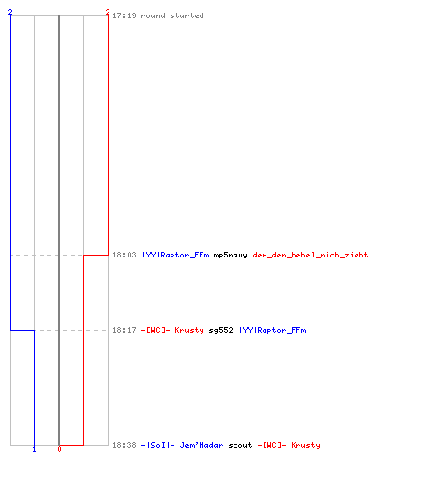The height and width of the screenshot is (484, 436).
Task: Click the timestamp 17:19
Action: click(124, 15)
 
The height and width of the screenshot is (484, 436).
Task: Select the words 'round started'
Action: click(172, 15)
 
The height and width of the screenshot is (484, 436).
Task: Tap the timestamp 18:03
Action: click(124, 255)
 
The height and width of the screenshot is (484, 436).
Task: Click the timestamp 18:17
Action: click(124, 330)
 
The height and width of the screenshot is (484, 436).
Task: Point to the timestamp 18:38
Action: click(124, 445)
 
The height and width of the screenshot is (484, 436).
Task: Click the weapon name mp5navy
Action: click(231, 255)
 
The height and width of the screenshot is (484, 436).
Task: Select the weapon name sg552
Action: click(221, 330)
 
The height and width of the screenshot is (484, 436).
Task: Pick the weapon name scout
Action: click(240, 445)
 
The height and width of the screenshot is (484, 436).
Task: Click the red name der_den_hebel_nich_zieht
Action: click(310, 255)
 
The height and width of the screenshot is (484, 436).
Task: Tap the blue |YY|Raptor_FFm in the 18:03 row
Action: click(176, 255)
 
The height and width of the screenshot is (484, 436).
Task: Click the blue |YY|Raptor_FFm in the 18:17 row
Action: click(273, 330)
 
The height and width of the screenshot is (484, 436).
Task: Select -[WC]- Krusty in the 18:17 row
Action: click(172, 330)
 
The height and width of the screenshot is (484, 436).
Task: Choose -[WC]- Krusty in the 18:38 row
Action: click(289, 445)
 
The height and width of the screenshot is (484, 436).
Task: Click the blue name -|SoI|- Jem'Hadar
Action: click(182, 445)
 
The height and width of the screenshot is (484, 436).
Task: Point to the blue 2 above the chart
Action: click(10, 12)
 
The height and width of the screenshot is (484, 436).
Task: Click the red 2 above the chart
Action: click(108, 12)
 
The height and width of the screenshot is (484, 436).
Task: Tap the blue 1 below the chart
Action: click(34, 449)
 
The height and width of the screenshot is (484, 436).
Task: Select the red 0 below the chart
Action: click(59, 449)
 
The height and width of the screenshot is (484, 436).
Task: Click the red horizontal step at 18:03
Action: click(96, 255)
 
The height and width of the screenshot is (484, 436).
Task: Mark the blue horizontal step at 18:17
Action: click(22, 330)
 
